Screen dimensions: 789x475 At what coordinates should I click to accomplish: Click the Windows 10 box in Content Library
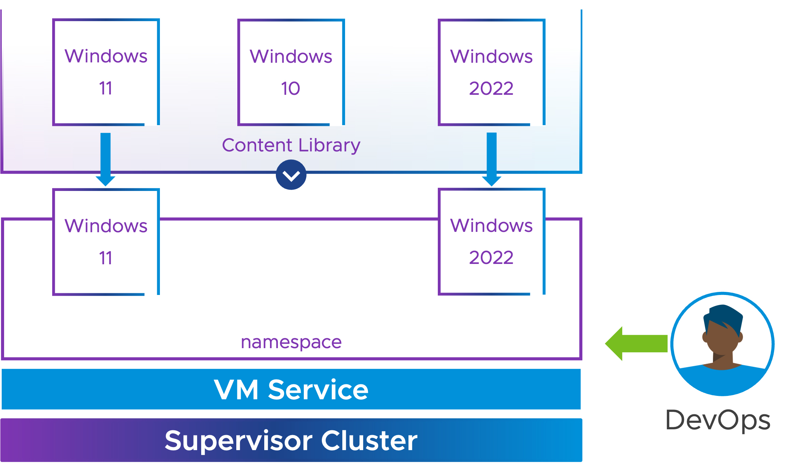[x=291, y=72]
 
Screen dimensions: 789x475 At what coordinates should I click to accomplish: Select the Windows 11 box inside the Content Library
[x=106, y=72]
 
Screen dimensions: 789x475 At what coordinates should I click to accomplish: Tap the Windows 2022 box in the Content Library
[x=492, y=72]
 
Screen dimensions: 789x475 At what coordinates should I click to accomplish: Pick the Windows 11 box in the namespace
[x=106, y=242]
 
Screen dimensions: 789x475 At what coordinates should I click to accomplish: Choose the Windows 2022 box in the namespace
[x=492, y=241]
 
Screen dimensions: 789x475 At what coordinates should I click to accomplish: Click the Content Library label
[x=291, y=145]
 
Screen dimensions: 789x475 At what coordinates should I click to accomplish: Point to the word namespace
[x=291, y=342]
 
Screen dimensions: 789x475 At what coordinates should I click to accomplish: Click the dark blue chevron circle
[x=291, y=175]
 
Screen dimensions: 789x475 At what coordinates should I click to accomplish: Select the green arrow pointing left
[x=636, y=343]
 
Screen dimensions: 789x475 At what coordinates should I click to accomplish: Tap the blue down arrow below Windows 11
[x=105, y=160]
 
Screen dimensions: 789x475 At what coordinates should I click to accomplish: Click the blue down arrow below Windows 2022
[x=492, y=159]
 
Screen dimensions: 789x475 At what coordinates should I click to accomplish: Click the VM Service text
[x=291, y=389]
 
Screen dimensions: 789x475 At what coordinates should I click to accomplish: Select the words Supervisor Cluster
[x=291, y=441]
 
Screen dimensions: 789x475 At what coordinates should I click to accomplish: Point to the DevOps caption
[x=718, y=420]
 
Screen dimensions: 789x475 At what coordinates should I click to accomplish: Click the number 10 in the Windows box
[x=291, y=88]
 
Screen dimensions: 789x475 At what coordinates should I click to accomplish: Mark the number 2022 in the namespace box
[x=491, y=257]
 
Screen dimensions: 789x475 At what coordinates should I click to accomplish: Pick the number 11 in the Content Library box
[x=106, y=88]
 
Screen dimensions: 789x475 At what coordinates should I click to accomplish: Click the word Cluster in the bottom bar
[x=369, y=440]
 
